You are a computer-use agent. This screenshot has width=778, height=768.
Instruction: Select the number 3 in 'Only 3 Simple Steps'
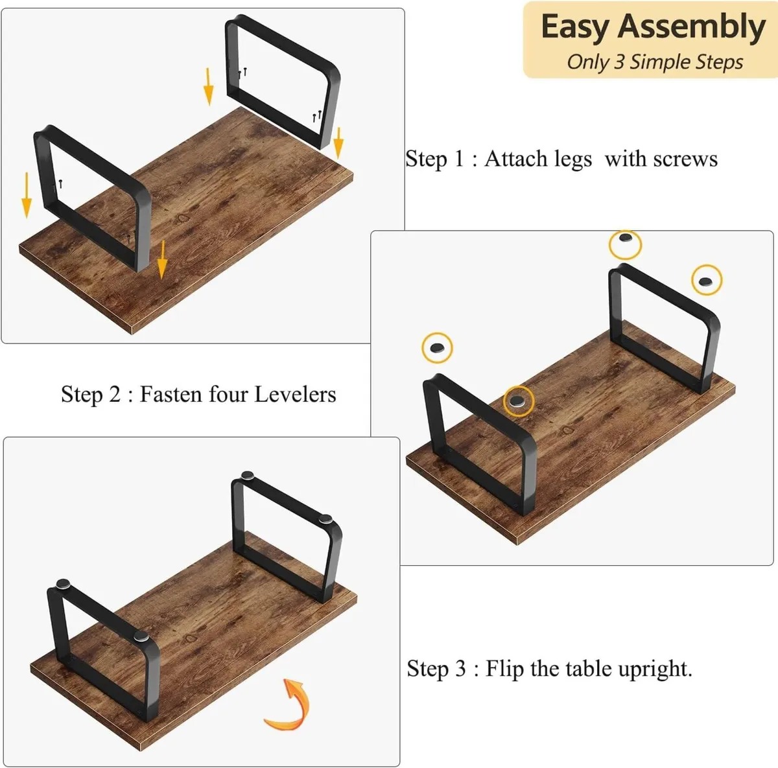[x=619, y=62]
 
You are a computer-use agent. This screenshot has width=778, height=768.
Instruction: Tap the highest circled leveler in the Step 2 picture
[x=625, y=244]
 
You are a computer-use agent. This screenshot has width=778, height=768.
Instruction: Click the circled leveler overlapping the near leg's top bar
[x=518, y=401]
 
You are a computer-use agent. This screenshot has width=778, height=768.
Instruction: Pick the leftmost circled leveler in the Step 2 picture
[x=438, y=348]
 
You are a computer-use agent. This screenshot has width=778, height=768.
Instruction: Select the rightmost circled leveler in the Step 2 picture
[x=706, y=280]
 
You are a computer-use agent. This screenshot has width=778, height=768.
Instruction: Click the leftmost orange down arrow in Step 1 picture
[x=27, y=195]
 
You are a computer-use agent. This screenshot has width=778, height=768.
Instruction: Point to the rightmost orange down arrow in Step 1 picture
[x=338, y=143]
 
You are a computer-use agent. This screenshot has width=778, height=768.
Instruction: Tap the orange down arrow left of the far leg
[x=208, y=86]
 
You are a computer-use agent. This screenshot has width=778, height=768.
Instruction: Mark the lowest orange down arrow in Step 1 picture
[x=162, y=260]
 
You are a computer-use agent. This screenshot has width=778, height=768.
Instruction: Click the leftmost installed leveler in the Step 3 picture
[x=64, y=584]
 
